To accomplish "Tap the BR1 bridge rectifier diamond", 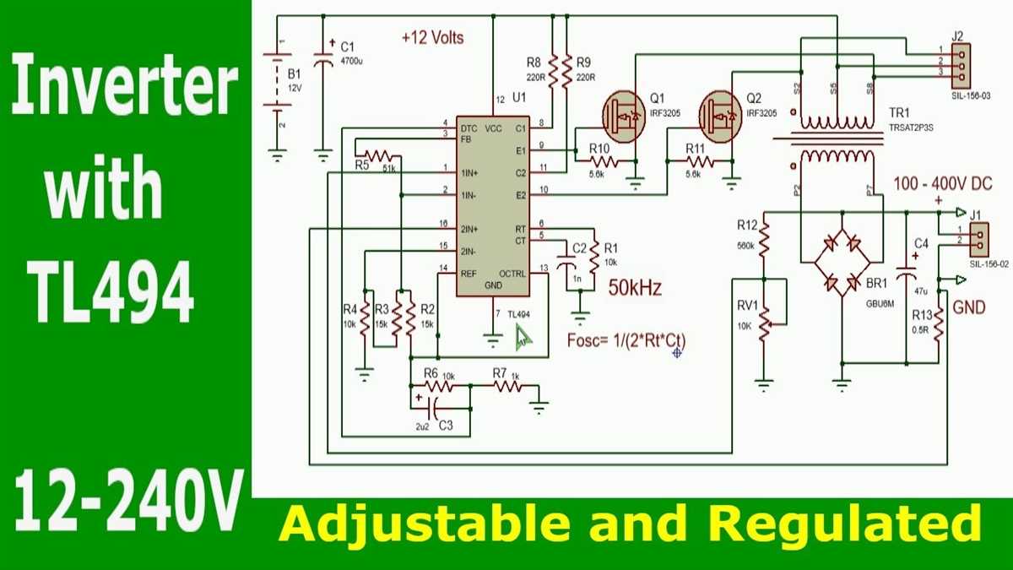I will [842, 264].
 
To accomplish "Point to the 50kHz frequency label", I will [635, 288].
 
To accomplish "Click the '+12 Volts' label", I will [432, 38].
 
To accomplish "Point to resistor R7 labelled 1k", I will [507, 386].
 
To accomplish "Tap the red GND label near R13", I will [968, 307].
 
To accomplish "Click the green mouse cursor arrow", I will [524, 338].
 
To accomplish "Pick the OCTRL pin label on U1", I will [512, 274].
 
